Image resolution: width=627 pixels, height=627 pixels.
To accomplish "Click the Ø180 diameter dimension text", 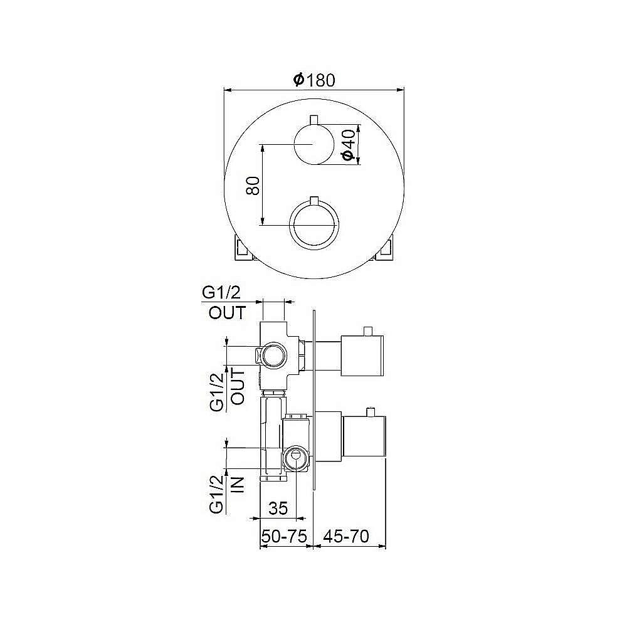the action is (x=314, y=80).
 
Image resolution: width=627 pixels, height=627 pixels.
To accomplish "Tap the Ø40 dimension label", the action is (x=349, y=144).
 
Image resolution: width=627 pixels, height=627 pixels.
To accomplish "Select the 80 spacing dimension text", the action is (x=253, y=185).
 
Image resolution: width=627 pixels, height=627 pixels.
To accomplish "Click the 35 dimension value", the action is (x=278, y=508).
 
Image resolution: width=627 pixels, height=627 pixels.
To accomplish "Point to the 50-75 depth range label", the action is (x=284, y=536).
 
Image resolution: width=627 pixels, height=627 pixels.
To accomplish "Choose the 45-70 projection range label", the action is (x=346, y=536).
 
